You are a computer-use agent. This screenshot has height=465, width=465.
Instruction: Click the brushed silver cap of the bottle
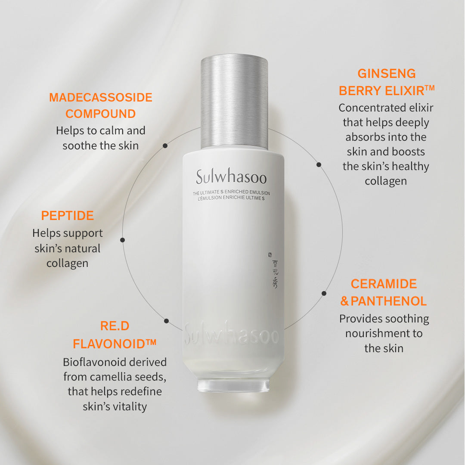click(x=234, y=101)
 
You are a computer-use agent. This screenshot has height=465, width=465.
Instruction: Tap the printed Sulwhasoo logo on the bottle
click(x=231, y=177)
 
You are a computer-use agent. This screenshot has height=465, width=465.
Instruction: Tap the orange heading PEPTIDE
click(x=68, y=216)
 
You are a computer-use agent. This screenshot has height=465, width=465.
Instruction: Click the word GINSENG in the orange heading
click(x=387, y=74)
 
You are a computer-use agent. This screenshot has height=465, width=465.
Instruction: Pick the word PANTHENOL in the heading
click(x=388, y=301)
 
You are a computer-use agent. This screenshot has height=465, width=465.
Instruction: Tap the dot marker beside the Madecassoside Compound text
click(x=165, y=146)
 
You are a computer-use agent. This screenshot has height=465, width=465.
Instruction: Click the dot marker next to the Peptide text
click(x=123, y=240)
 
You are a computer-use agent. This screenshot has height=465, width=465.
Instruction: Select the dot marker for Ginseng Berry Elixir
click(x=319, y=164)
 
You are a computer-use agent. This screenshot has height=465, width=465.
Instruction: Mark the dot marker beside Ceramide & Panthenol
click(x=324, y=293)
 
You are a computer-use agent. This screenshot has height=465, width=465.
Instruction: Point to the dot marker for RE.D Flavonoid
click(x=166, y=321)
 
